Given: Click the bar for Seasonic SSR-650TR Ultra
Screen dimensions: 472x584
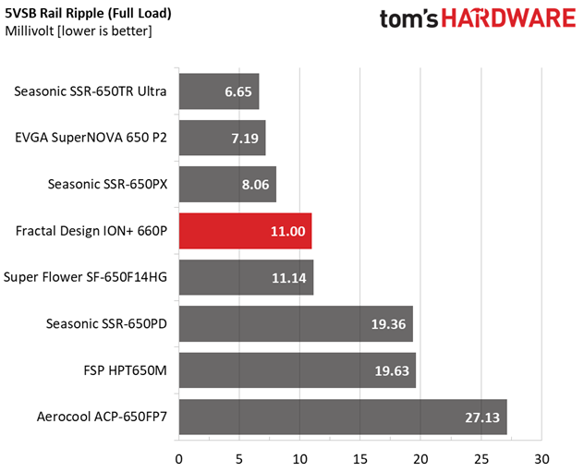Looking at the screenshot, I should [218, 91].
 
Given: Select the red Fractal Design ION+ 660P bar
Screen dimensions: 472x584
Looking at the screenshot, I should [245, 231].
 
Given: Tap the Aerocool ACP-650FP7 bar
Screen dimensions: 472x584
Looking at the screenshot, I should [342, 418].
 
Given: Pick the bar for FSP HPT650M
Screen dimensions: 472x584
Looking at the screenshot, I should [297, 370].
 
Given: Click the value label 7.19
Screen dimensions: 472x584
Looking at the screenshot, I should [246, 138].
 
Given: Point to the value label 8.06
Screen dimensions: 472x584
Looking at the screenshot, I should [256, 184].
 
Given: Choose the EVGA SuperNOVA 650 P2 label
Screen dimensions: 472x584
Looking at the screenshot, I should [91, 138].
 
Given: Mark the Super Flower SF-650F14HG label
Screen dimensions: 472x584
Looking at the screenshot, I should [85, 277].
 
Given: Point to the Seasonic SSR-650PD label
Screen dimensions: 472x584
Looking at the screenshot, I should [106, 323].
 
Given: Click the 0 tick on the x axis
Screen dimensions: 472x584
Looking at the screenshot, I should [178, 457].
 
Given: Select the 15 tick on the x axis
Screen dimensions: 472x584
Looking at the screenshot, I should [360, 457].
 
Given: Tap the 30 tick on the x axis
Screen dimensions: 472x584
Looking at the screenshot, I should [541, 457].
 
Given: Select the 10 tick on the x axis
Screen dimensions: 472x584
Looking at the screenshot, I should [299, 457].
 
